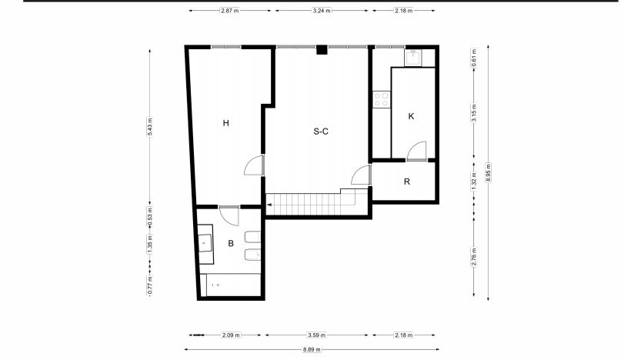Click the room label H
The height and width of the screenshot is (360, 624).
(x=225, y=123)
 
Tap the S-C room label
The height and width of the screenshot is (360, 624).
(x=321, y=132)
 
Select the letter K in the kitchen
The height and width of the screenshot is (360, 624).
(x=411, y=116)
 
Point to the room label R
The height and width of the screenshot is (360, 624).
(x=407, y=182)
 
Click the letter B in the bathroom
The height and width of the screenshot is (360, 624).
(x=231, y=243)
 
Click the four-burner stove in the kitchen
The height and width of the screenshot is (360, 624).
(x=381, y=99)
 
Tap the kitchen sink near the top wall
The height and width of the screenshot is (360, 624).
(x=414, y=58)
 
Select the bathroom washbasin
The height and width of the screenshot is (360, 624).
(x=205, y=244)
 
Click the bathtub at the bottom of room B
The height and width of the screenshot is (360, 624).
(x=230, y=285)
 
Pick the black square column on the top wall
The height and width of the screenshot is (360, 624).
(x=322, y=50)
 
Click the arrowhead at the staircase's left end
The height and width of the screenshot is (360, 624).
(x=269, y=205)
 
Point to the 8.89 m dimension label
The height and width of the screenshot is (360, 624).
(x=312, y=350)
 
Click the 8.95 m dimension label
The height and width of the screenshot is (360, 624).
(x=489, y=172)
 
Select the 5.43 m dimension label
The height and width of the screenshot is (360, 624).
(x=150, y=127)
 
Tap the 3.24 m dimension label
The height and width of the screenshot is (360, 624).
(x=322, y=11)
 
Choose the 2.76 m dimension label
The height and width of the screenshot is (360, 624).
(x=473, y=257)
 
